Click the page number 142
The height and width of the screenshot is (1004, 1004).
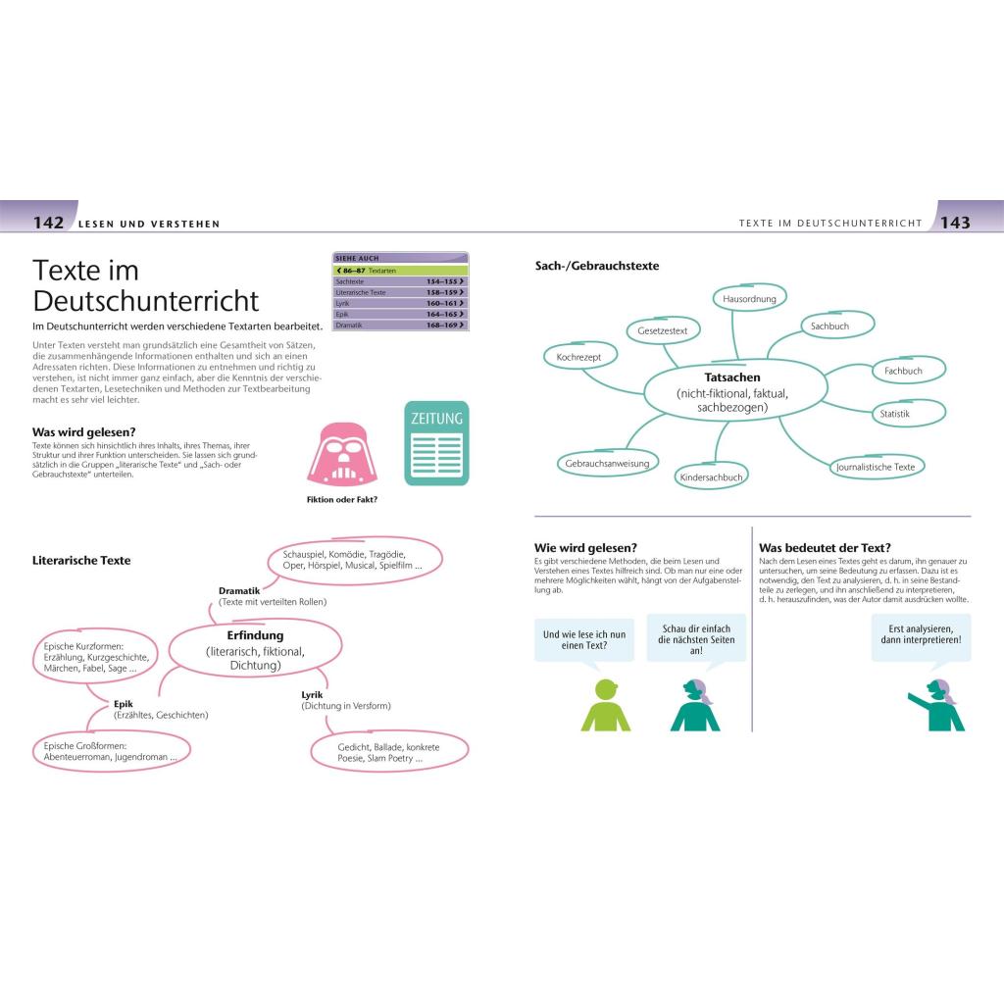48,223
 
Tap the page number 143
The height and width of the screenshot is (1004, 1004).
955,223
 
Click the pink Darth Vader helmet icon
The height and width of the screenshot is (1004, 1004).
342,454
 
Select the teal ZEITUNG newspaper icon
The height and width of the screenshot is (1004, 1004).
436,443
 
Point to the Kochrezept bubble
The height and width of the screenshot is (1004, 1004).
578,358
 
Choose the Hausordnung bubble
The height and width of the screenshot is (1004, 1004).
749,298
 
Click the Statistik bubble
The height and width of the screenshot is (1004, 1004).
895,414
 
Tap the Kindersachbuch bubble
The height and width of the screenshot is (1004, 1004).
712,477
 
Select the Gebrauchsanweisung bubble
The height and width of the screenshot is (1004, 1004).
608,462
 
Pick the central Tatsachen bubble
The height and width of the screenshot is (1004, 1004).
731,391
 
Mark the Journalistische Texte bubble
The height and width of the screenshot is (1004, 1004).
876,467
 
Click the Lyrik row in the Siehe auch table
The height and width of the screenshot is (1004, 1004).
400,303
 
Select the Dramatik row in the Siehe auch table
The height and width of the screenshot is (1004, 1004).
400,325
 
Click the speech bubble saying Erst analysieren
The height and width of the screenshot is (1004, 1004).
921,638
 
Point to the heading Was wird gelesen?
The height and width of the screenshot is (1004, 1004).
84,431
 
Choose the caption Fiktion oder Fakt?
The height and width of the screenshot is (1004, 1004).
342,499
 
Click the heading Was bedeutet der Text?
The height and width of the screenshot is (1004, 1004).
825,547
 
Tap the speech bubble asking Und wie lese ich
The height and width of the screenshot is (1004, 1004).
583,639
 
